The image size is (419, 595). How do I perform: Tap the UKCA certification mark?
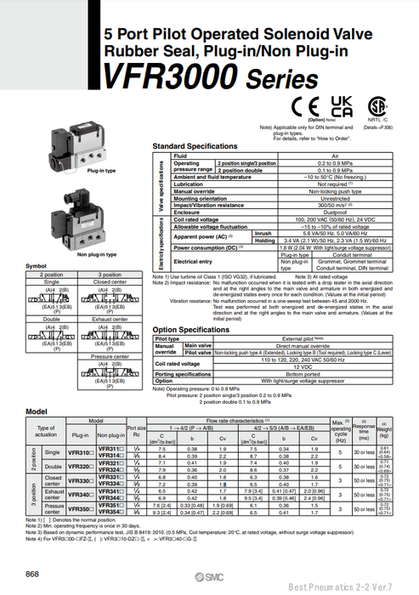click(341, 107)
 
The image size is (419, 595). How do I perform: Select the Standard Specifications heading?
click(195, 146)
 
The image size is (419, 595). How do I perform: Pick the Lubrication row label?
click(189, 184)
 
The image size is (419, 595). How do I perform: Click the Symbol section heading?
click(37, 265)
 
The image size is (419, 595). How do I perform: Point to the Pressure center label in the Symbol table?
click(110, 357)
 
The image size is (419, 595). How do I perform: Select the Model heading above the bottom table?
click(36, 411)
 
